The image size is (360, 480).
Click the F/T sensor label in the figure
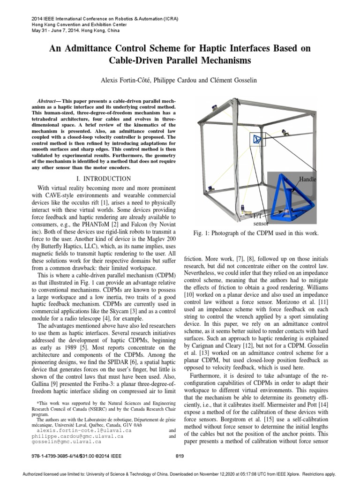(258, 220)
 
